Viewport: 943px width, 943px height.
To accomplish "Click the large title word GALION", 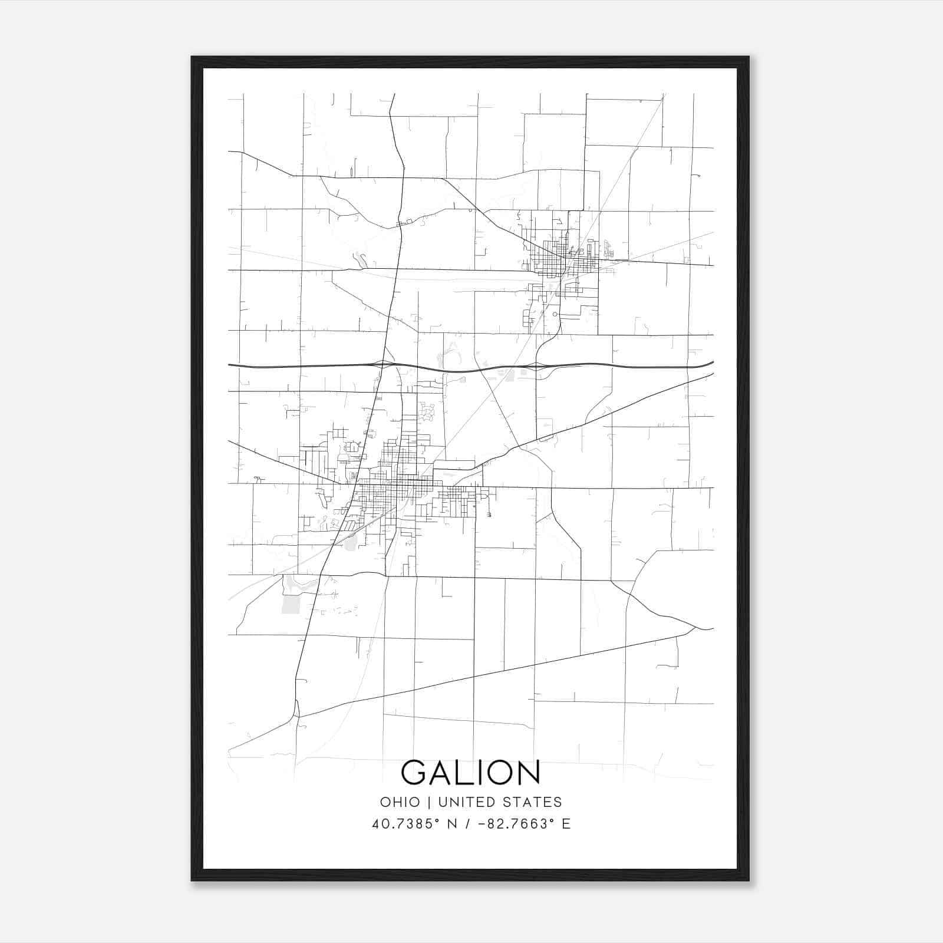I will tap(470, 773).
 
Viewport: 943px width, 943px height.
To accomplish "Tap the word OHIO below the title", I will tap(400, 802).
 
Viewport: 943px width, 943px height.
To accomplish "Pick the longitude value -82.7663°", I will tap(510, 824).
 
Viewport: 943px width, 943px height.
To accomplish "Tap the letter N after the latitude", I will tap(453, 824).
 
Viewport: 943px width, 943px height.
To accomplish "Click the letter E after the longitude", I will tap(566, 824).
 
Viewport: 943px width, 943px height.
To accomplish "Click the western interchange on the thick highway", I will tap(383, 364).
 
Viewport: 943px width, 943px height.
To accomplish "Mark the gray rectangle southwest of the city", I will tap(291, 604).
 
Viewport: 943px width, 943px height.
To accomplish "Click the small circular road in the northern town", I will tap(555, 314).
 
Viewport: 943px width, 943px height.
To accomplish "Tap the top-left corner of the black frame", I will tap(192, 57).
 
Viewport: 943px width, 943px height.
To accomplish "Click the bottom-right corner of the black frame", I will tap(749, 881).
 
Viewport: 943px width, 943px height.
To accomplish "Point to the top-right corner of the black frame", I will tap(749, 57).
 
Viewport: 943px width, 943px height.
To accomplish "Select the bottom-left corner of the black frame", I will tap(192, 881).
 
